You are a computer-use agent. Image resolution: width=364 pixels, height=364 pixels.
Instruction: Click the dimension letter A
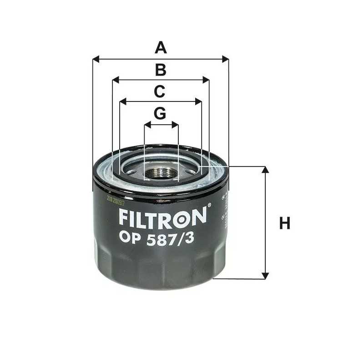(x=160, y=47)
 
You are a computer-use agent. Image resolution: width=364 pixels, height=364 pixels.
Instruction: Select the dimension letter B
(x=160, y=70)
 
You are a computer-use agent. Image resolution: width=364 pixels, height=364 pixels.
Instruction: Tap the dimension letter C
(x=159, y=91)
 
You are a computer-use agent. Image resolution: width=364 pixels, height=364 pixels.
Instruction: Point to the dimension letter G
(x=160, y=114)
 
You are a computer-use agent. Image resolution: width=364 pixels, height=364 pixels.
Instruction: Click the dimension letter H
(x=285, y=223)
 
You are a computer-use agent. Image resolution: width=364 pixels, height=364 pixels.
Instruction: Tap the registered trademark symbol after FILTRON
(x=209, y=206)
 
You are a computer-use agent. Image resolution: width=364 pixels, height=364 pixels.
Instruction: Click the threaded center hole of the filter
(x=161, y=173)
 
